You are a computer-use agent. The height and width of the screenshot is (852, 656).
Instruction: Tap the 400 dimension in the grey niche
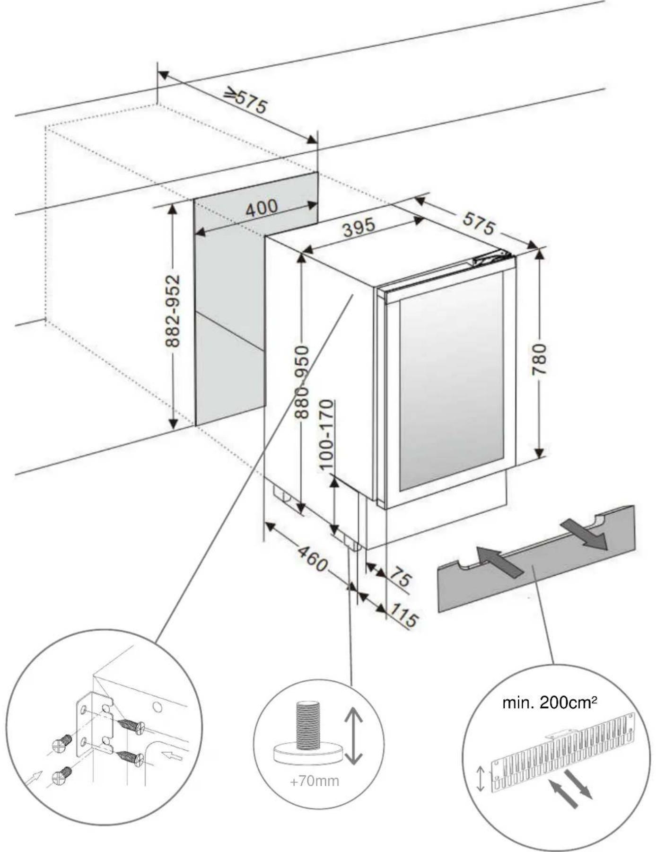(262, 208)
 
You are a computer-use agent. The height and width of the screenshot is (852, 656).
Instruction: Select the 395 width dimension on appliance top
(359, 228)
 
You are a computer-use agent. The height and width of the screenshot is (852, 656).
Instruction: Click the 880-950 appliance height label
(302, 382)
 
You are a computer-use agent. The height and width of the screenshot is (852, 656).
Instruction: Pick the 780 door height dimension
(539, 360)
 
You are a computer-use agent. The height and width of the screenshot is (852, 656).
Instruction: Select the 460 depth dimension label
(313, 559)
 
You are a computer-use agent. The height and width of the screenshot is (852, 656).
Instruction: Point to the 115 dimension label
(403, 616)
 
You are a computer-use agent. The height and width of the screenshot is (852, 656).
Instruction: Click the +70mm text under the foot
(315, 781)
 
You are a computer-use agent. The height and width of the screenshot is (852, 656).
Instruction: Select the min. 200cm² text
(549, 703)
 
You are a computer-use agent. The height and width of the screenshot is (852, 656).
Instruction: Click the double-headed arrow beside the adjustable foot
(353, 736)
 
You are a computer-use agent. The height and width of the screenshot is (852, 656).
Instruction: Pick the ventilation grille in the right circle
(563, 752)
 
